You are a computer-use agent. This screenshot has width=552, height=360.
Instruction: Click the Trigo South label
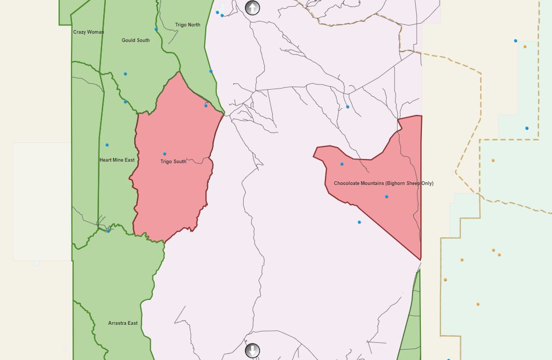point(173,162)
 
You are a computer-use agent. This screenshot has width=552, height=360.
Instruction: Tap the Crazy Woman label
point(89,32)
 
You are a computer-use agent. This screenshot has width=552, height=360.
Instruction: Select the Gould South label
point(136,40)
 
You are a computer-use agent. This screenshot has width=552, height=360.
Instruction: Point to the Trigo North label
point(188,25)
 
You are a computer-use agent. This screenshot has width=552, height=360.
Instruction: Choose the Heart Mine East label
point(117,160)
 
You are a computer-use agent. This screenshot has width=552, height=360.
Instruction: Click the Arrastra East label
point(123,323)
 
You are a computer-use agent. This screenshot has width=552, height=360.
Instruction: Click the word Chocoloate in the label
point(346,183)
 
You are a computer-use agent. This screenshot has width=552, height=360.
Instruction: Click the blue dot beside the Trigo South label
point(165,154)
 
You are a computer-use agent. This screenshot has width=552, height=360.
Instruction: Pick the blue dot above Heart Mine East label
point(107,145)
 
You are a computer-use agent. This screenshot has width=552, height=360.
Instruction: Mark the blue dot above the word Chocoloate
point(342,164)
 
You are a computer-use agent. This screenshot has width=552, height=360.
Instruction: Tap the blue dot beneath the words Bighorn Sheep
point(387,197)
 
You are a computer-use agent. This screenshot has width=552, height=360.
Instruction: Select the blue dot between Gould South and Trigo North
point(156,29)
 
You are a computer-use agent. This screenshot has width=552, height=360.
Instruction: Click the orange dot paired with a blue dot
point(525,47)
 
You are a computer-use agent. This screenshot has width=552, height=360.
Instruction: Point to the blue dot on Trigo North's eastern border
point(211,71)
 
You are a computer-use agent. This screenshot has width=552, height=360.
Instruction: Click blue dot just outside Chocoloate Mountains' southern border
point(359,222)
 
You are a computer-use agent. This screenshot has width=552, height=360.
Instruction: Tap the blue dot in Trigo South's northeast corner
point(206,106)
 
